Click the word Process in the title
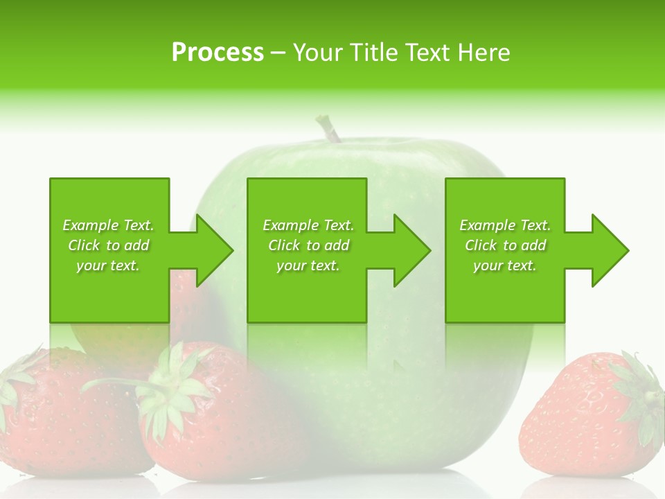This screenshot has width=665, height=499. pyautogui.click(x=218, y=53)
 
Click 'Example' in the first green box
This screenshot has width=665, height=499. pyautogui.click(x=90, y=225)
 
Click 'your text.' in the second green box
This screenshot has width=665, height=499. pyautogui.click(x=308, y=265)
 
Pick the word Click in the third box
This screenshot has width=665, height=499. pyautogui.click(x=481, y=245)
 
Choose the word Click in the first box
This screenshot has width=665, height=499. pyautogui.click(x=84, y=245)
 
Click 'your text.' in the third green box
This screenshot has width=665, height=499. pyautogui.click(x=505, y=265)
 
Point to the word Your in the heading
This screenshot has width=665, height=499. pyautogui.click(x=318, y=53)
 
